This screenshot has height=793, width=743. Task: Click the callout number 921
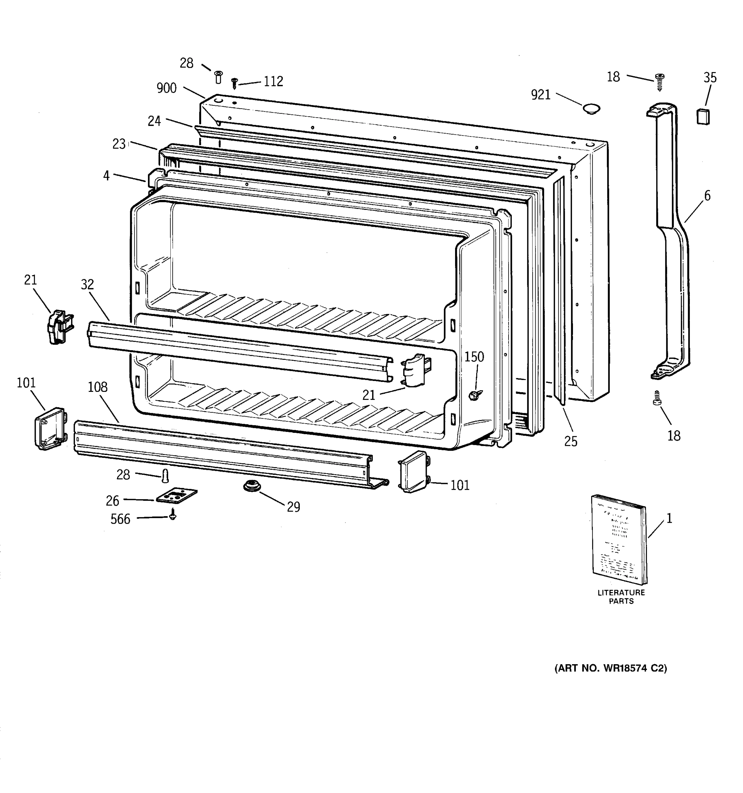(x=541, y=95)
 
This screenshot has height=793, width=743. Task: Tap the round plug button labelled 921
(x=591, y=108)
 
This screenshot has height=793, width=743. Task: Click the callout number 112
(x=273, y=81)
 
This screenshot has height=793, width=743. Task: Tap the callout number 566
(x=121, y=519)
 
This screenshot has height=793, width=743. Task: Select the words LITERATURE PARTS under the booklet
(x=621, y=597)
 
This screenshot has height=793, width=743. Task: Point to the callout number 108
(x=98, y=387)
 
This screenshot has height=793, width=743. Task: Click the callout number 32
(x=87, y=284)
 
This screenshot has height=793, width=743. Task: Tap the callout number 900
(x=167, y=88)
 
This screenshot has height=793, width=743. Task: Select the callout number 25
(x=571, y=441)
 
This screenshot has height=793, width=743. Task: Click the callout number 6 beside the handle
(x=707, y=196)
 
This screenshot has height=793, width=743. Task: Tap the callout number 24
(x=154, y=121)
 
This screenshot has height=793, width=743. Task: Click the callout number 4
(x=106, y=175)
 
